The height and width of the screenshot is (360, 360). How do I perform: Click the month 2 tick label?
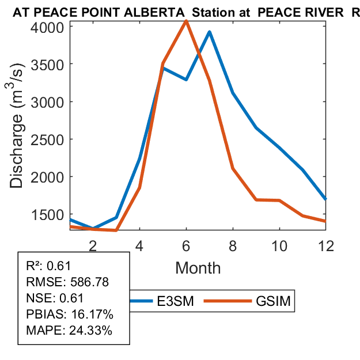[x=93, y=244]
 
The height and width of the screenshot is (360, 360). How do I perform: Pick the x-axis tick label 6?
[x=186, y=244]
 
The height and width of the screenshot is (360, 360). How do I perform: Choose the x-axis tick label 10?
[x=279, y=244]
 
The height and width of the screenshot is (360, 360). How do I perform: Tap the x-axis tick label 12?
[x=326, y=244]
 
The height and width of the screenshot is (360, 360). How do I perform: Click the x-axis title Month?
[x=198, y=267]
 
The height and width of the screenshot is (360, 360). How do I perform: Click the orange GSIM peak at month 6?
[x=186, y=21]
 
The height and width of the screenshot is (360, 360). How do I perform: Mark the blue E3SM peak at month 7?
[x=210, y=32]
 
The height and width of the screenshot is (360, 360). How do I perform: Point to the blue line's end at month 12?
[x=326, y=199]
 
